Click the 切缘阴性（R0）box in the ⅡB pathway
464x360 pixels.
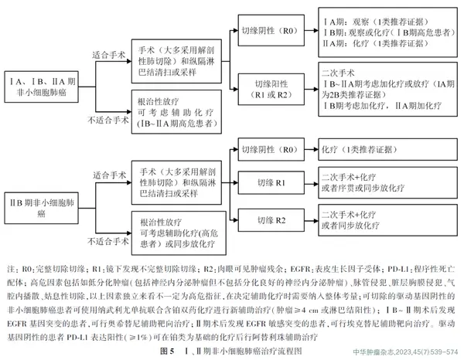coord(267,148)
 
